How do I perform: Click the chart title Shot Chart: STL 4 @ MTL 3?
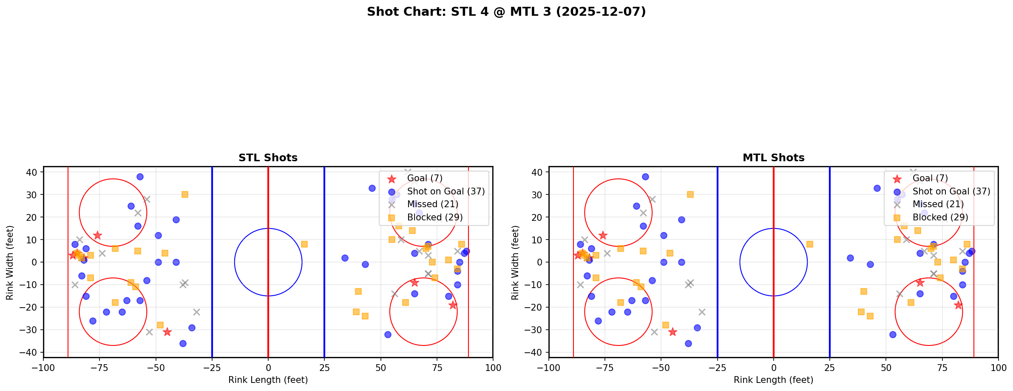506,12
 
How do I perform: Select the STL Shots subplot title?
268,158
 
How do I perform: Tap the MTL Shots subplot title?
773,158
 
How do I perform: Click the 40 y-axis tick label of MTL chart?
536,172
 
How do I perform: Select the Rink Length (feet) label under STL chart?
268,380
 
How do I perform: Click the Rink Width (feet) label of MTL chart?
515,263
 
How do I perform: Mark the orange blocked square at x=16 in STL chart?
304,244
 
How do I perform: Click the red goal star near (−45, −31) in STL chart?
167,332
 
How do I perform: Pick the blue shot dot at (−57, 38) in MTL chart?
645,177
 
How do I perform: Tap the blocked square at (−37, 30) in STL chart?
185,194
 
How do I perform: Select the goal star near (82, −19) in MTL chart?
958,305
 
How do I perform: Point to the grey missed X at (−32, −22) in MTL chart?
702,312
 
